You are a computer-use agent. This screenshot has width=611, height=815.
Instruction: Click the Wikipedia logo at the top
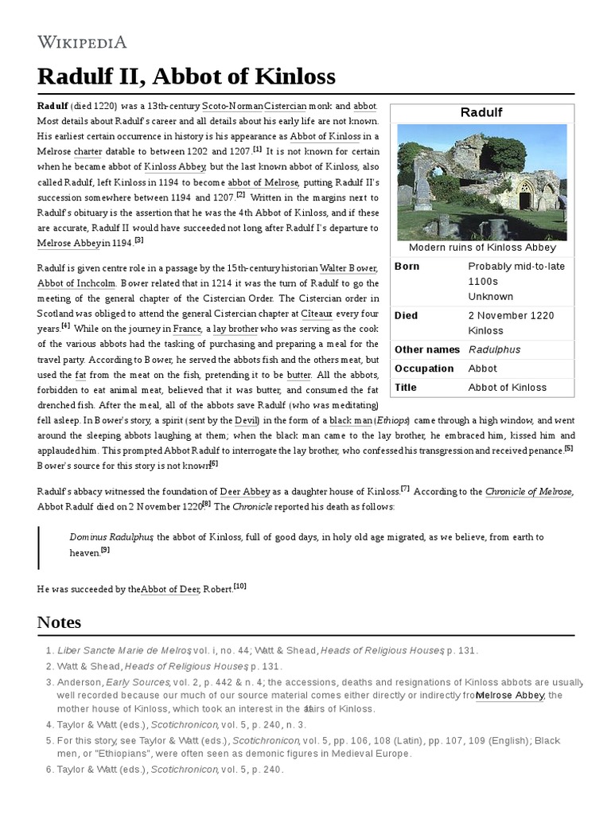pyautogui.click(x=82, y=42)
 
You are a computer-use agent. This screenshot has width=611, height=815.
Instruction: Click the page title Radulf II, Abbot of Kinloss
pyautogui.click(x=186, y=76)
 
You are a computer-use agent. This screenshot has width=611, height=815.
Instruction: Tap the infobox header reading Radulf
pyautogui.click(x=481, y=112)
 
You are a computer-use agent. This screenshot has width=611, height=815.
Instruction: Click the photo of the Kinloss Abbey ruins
pyautogui.click(x=481, y=182)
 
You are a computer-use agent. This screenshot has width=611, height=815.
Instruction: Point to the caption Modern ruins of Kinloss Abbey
pyautogui.click(x=481, y=248)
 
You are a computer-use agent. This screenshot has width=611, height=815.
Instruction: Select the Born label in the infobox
pyautogui.click(x=407, y=267)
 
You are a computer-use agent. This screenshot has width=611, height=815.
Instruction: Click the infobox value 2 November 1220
pyautogui.click(x=511, y=315)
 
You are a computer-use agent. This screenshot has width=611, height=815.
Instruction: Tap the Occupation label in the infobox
pyautogui.click(x=424, y=369)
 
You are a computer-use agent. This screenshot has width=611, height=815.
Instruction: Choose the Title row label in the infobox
pyautogui.click(x=406, y=388)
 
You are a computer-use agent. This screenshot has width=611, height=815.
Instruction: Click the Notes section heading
pyautogui.click(x=59, y=622)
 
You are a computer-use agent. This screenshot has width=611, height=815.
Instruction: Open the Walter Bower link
pyautogui.click(x=348, y=268)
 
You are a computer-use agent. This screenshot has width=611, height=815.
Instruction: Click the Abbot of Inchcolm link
pyautogui.click(x=76, y=283)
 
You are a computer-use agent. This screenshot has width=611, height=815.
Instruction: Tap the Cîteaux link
pyautogui.click(x=316, y=314)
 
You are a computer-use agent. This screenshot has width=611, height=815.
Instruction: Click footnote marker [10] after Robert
pyautogui.click(x=239, y=587)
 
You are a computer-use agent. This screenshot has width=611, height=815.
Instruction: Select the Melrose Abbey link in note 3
pyautogui.click(x=509, y=695)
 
